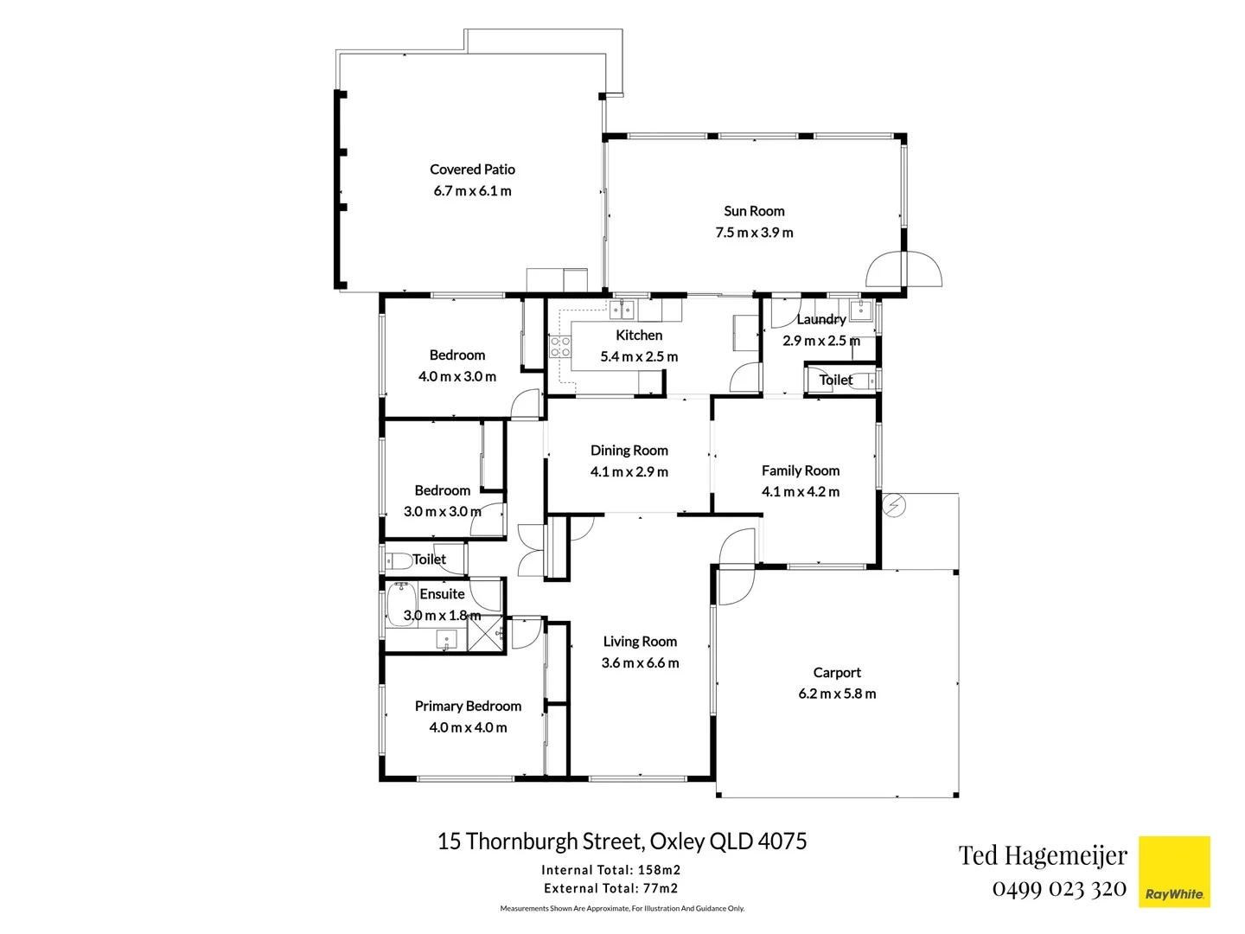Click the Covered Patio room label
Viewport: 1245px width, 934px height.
[472, 170]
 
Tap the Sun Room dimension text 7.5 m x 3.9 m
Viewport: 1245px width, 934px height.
[754, 232]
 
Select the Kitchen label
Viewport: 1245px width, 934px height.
[639, 336]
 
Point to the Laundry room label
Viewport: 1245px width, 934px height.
[820, 319]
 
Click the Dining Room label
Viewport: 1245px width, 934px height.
[629, 451]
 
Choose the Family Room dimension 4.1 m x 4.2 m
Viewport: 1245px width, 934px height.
[800, 491]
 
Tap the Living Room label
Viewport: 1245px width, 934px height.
[640, 642]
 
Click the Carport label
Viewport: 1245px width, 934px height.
[837, 673]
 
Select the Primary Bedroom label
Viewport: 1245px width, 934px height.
[468, 707]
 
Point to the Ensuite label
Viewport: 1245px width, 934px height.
[442, 594]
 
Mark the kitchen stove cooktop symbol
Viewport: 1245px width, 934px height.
[560, 347]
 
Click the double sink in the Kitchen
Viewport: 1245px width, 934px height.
[622, 309]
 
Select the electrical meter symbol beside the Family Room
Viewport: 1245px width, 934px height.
[894, 505]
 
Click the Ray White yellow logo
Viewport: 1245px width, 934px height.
[1174, 872]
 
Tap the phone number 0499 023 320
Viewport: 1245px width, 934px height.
[1059, 888]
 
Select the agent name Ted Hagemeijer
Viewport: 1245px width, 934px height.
[1043, 855]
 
